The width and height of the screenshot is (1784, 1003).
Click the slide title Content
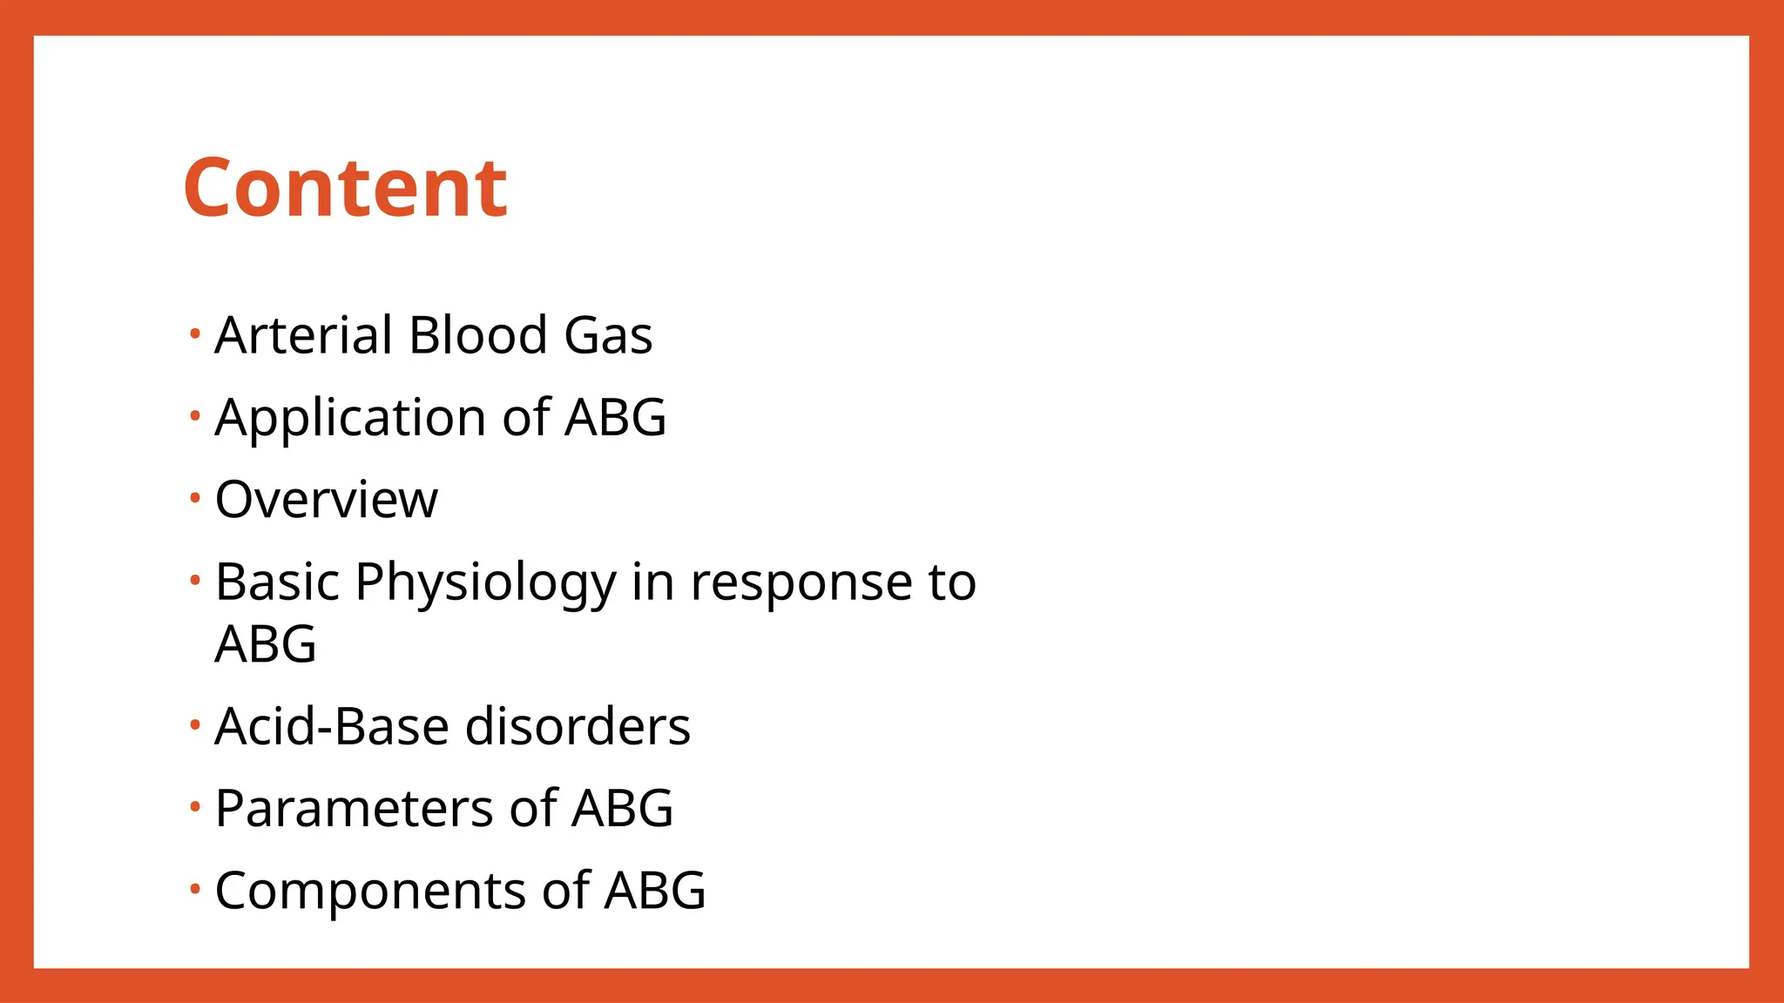click(345, 188)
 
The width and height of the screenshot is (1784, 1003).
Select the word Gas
click(608, 335)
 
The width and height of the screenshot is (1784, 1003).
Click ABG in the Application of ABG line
click(615, 418)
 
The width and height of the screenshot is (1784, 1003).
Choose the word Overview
click(326, 500)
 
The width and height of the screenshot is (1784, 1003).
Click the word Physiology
click(485, 583)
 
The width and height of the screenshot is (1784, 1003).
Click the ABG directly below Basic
click(265, 644)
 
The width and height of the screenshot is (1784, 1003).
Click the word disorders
click(578, 726)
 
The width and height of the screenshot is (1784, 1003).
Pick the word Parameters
click(354, 808)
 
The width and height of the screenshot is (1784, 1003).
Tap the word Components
click(370, 891)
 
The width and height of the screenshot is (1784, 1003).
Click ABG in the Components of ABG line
click(655, 891)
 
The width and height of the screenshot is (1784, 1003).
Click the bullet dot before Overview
click(195, 498)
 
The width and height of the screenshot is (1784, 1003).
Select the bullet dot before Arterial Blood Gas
click(195, 333)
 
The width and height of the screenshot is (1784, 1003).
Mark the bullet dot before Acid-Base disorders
click(195, 724)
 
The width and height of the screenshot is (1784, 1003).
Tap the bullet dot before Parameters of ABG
click(195, 806)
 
